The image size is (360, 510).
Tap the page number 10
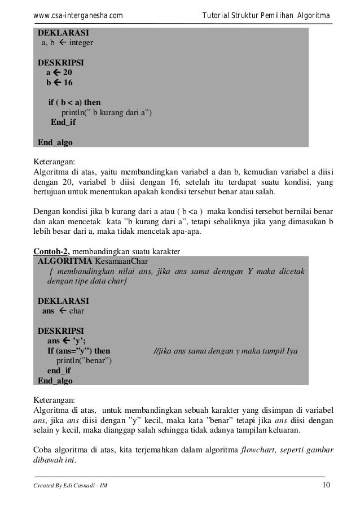click(x=327, y=487)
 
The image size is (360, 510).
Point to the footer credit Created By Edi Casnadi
click(x=68, y=488)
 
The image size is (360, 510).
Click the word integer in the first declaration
click(x=81, y=42)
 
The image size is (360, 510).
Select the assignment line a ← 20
click(x=59, y=73)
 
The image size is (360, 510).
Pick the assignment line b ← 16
click(x=59, y=83)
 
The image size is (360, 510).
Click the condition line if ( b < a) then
click(x=74, y=103)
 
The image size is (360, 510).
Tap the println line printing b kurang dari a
click(x=106, y=112)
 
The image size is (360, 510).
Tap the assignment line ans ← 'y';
click(x=67, y=341)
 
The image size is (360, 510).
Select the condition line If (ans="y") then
click(x=79, y=351)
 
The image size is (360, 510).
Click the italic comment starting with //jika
click(x=226, y=351)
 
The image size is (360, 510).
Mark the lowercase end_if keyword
click(x=59, y=370)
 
